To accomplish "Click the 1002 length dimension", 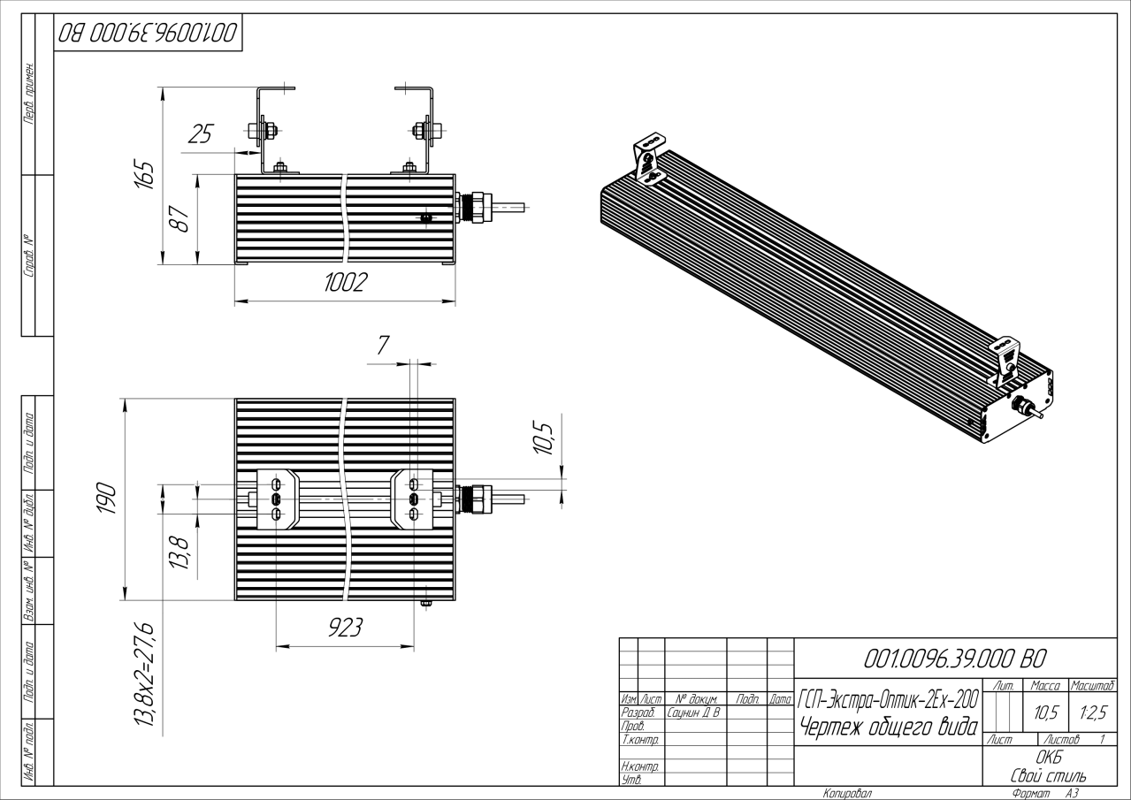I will point(345,283).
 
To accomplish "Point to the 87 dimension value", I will point(179,218).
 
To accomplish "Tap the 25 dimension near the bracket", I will point(203,135).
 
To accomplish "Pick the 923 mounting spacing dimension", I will point(345,628).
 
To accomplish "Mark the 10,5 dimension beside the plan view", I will point(545,439).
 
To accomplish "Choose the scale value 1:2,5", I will point(1092,712).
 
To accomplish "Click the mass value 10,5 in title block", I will point(1047,712).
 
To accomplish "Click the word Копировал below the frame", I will point(846,793).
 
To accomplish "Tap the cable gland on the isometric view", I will point(1027,408).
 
